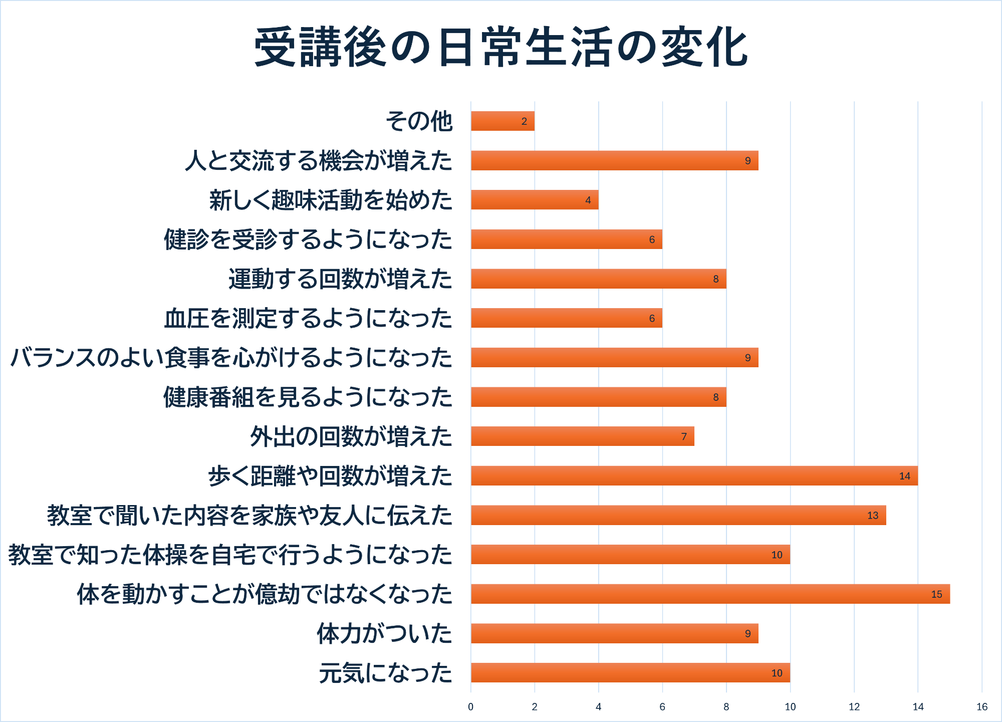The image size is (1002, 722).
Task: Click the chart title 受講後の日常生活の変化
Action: tap(501, 48)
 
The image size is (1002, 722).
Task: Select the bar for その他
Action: tap(503, 121)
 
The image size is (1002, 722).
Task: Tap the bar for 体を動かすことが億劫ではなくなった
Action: tap(710, 594)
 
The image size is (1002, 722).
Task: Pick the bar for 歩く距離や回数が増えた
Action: tap(694, 476)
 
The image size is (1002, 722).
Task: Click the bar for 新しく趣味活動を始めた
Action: tap(535, 200)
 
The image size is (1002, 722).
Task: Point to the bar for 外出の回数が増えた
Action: tap(582, 436)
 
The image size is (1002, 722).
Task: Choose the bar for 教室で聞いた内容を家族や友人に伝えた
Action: tap(678, 516)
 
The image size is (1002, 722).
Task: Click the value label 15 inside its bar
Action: tap(936, 595)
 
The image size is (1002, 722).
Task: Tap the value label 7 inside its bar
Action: tap(684, 437)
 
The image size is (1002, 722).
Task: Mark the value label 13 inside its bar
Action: tap(873, 516)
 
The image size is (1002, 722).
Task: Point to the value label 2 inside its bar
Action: tap(524, 122)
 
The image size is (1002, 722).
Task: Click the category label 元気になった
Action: tap(386, 673)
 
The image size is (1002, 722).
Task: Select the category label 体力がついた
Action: tap(384, 634)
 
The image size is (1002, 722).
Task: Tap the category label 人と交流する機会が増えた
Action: tap(319, 161)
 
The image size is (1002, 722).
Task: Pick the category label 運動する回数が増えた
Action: tap(340, 279)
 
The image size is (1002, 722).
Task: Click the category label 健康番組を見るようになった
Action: tap(308, 397)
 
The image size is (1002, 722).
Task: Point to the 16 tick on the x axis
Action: tap(982, 707)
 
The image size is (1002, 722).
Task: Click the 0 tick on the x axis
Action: tap(470, 707)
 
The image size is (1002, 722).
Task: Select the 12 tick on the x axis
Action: tap(854, 707)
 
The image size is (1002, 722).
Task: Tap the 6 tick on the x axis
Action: tap(662, 707)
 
